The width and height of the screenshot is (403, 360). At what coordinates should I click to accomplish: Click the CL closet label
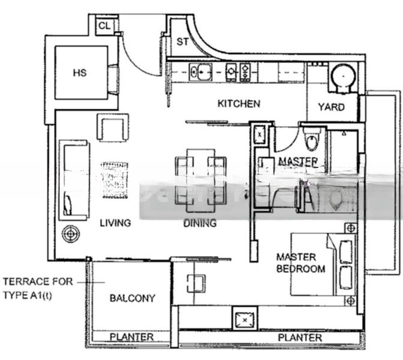pos(104,25)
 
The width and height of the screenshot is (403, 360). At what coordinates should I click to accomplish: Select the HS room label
pos(80,73)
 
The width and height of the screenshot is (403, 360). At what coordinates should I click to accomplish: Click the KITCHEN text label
pos(239,104)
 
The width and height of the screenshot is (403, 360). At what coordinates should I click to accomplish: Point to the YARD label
pos(331,107)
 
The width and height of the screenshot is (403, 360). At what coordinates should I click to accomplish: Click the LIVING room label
pos(115,223)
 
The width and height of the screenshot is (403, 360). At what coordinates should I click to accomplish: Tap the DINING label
pos(200,223)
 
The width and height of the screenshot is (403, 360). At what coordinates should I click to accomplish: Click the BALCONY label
pos(132,298)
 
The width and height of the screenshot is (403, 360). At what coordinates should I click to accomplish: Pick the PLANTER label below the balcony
pos(131,337)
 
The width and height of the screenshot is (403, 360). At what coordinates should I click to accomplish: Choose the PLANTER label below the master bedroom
pos(300,338)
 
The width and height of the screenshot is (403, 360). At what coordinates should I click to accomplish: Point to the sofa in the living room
pos(73,179)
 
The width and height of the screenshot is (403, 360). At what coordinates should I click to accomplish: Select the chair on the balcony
pos(196,283)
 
